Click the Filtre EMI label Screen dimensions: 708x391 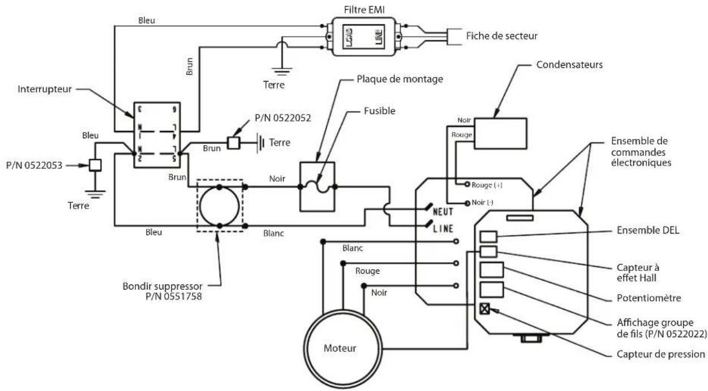coord(364,10)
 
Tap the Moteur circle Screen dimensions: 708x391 coord(343,312)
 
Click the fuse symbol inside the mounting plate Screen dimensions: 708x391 coord(317,186)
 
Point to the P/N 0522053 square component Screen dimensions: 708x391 coord(95,165)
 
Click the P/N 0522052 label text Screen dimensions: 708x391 coord(283,118)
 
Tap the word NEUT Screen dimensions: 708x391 coord(443,211)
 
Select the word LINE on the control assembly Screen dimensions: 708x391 coord(443,228)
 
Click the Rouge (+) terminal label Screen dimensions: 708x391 coord(487,185)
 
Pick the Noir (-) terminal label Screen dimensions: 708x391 coord(482,202)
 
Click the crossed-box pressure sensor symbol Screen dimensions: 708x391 coord(484,308)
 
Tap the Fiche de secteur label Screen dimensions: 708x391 coord(502,36)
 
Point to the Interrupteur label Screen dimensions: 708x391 coord(45,90)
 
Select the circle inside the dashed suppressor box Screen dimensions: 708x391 coord(220,187)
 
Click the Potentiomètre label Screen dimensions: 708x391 coord(649,298)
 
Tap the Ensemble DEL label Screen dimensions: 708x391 coord(648,230)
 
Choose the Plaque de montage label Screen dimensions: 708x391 coord(400,79)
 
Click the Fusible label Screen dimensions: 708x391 coord(380,111)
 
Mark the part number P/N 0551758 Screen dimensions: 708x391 coord(174,297)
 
